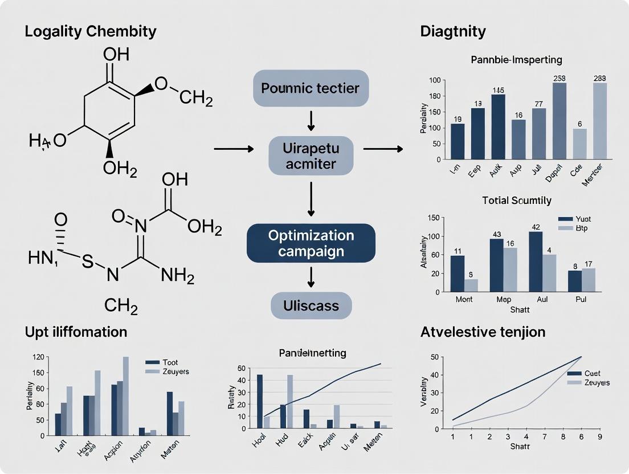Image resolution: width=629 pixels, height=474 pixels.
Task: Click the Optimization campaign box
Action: tap(311, 243)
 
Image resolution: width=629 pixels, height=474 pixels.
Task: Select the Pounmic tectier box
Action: tap(311, 88)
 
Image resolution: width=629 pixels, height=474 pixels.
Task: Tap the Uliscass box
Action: tap(311, 305)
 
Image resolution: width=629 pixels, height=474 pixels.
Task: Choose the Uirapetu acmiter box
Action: tap(311, 156)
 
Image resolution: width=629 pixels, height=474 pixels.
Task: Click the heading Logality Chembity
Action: tap(90, 31)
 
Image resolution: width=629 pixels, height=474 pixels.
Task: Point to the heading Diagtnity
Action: tap(453, 31)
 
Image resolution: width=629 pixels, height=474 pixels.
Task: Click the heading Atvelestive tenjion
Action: tap(483, 332)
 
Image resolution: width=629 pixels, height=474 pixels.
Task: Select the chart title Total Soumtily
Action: tap(517, 201)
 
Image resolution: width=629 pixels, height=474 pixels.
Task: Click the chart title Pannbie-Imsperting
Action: tap(517, 59)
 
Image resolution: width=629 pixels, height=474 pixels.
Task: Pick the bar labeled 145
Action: tap(498, 126)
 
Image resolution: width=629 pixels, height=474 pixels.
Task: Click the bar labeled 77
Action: tap(539, 133)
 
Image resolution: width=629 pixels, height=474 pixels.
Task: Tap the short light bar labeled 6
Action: tap(579, 144)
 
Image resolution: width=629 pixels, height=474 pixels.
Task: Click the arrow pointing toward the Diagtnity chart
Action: tap(383, 149)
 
